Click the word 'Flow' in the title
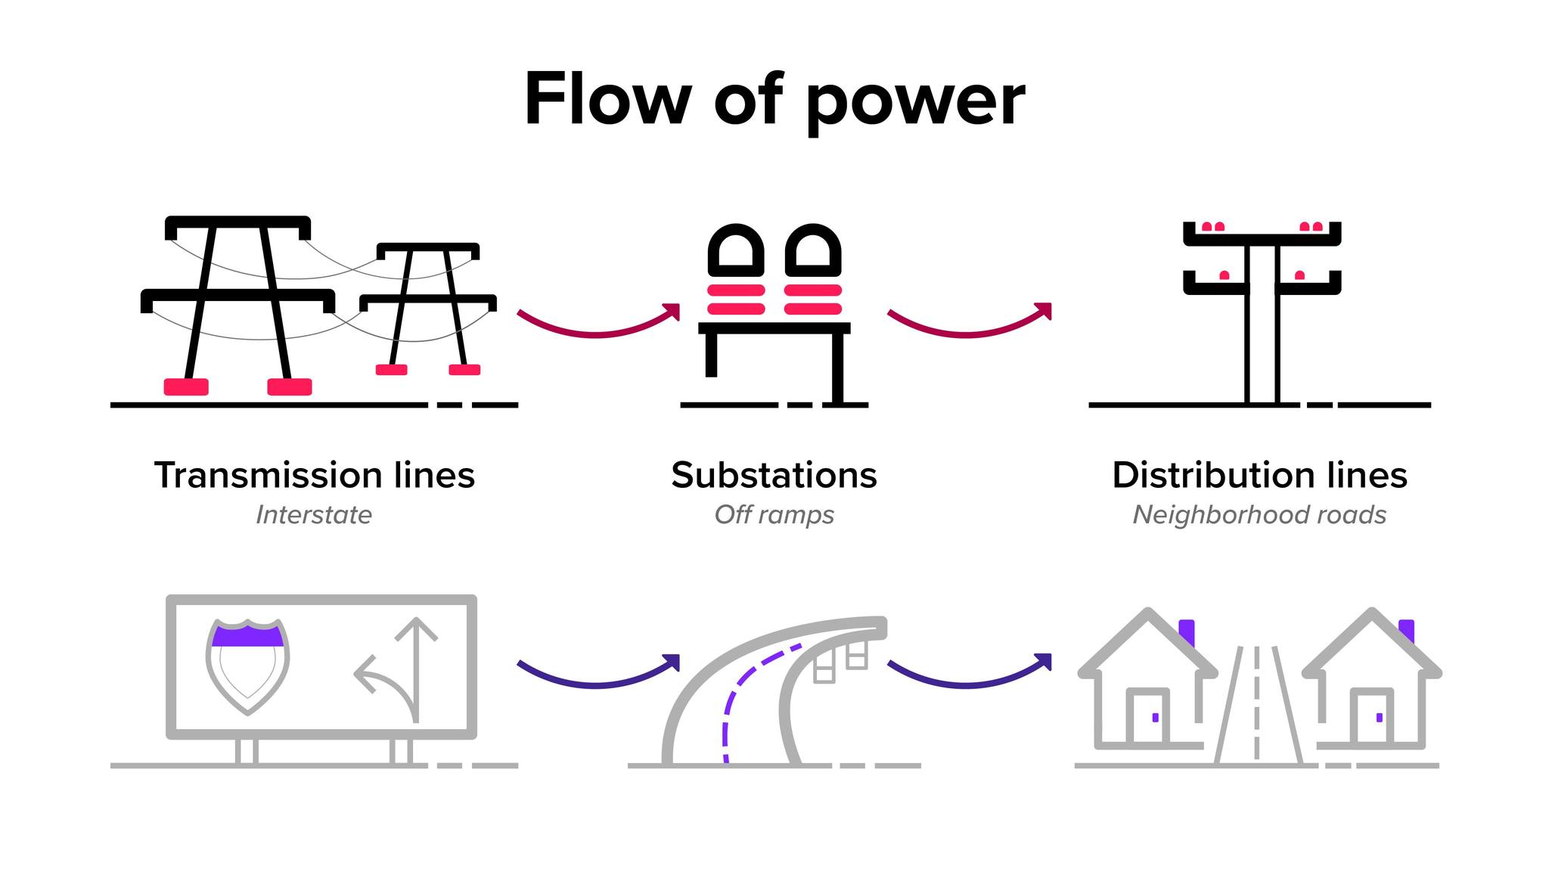coord(607,98)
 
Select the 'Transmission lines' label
coord(315,475)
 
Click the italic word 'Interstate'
coord(314,515)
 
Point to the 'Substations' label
coord(774,475)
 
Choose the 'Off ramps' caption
coord(774,515)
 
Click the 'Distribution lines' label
coord(1259,475)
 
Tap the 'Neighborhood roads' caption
coord(1259,516)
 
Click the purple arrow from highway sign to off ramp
coord(598,684)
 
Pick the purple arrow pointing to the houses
coord(968,684)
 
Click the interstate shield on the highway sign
coord(247,666)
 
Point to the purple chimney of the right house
coord(1407,632)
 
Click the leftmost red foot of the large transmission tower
coord(186,386)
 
